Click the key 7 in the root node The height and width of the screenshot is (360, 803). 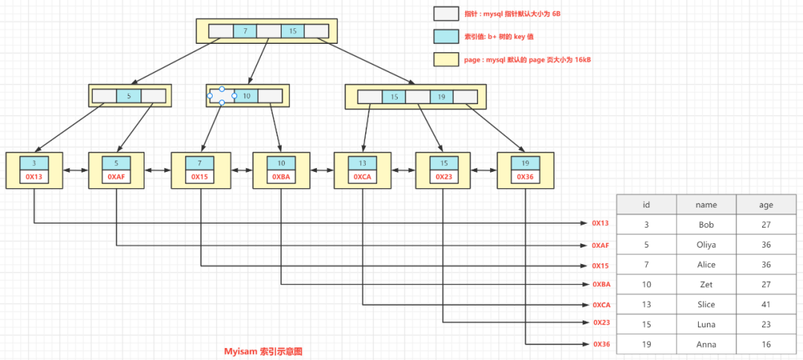[x=245, y=31]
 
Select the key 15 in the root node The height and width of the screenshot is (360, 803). [x=292, y=31]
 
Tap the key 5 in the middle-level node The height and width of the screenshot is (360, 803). [x=129, y=96]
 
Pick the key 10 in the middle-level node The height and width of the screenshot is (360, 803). [x=246, y=96]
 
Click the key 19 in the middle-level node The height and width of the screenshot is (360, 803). [x=441, y=97]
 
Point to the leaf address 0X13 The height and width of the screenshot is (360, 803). [x=33, y=177]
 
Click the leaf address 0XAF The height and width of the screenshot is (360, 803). [x=116, y=177]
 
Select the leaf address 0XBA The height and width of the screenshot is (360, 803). [x=280, y=177]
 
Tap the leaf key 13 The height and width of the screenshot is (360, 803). [x=362, y=164]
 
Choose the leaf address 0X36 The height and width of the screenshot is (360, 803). [x=525, y=177]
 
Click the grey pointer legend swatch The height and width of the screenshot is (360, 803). [x=446, y=13]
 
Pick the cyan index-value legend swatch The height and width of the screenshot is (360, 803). [x=446, y=36]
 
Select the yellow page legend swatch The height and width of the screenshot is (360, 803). [x=446, y=60]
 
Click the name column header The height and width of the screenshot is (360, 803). [x=706, y=204]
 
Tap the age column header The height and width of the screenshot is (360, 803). [x=766, y=204]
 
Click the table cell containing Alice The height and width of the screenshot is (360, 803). [x=706, y=264]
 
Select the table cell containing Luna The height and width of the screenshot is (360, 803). [x=706, y=324]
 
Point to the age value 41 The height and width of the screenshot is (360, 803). [x=766, y=304]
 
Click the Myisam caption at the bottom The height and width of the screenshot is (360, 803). [x=264, y=351]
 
